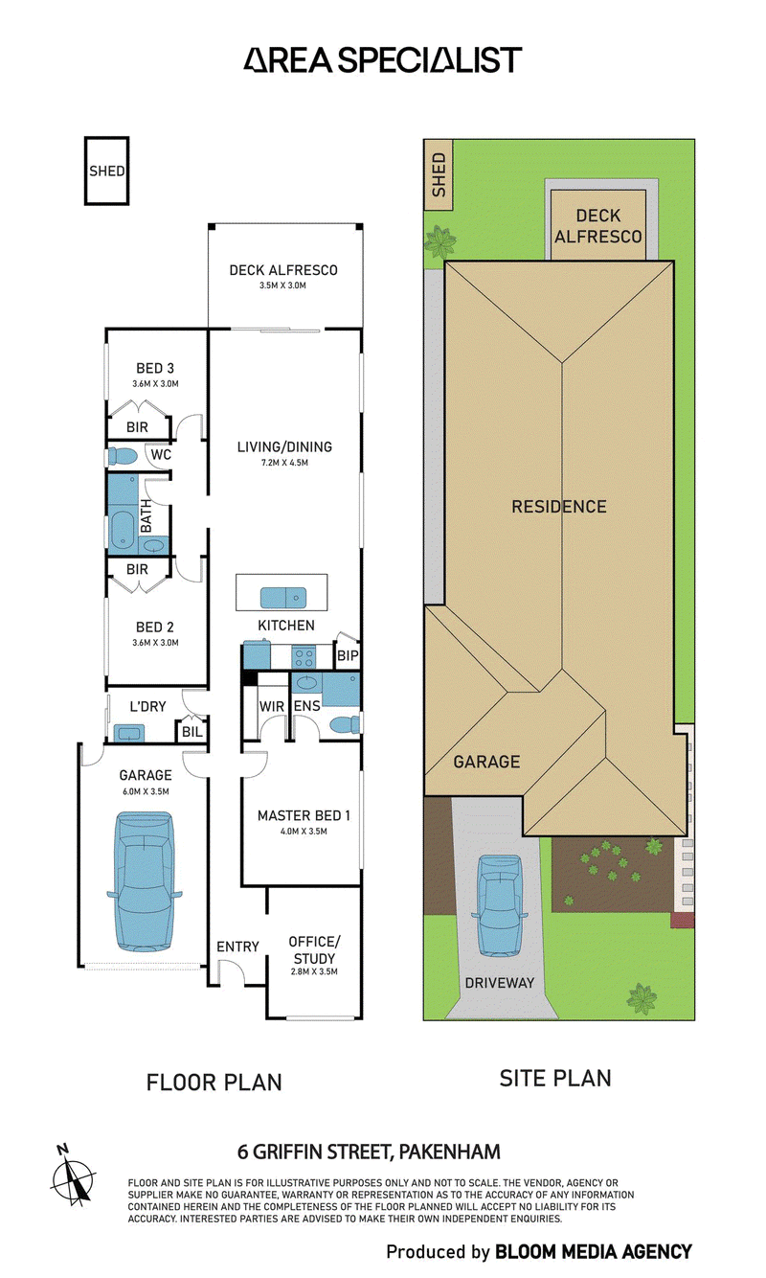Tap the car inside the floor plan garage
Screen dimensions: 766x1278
[145, 882]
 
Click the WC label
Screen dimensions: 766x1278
[161, 455]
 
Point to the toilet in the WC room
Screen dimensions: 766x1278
[122, 456]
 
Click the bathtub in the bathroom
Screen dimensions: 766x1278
[122, 531]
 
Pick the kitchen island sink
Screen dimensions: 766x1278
[282, 598]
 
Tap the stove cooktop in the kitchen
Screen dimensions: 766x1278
[302, 656]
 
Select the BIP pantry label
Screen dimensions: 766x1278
[348, 655]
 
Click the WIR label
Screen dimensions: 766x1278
[272, 706]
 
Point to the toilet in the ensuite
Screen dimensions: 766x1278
[345, 724]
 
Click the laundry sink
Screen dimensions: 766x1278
[129, 733]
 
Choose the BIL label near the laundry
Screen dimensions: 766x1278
[192, 731]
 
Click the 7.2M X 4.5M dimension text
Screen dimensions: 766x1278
[284, 463]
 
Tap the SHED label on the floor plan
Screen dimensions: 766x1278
[106, 171]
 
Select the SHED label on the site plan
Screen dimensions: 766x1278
[439, 174]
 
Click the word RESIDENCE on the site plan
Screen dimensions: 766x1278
[559, 507]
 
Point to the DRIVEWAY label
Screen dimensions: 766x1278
[500, 983]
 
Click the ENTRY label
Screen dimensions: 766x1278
[237, 947]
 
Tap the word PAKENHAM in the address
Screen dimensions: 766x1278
[449, 1152]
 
